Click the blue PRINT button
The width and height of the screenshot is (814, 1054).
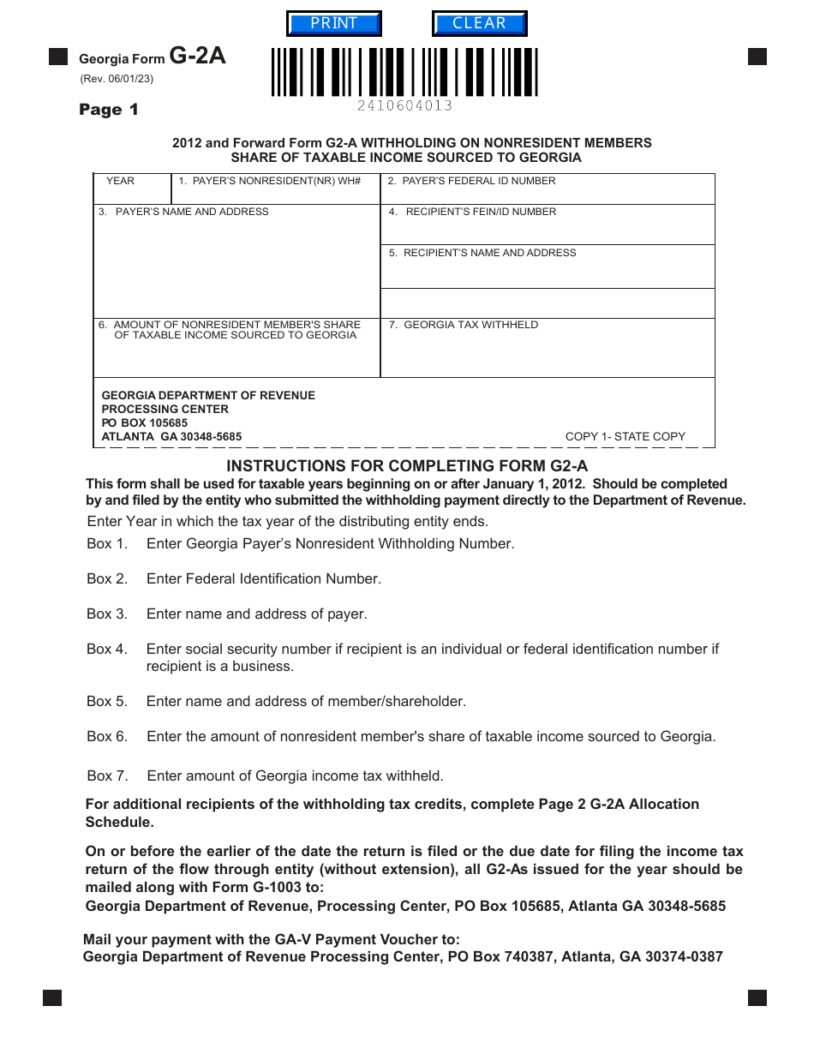(x=333, y=24)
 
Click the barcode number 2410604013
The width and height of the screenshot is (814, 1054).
(x=404, y=105)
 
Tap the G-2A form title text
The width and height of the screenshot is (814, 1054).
(x=197, y=57)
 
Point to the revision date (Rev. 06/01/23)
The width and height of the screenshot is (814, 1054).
(x=117, y=79)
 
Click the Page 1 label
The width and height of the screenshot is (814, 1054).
(x=108, y=110)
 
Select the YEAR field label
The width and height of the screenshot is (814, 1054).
(x=120, y=181)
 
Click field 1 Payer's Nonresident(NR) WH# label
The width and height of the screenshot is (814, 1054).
(x=270, y=181)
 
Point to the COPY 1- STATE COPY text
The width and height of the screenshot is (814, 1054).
(x=625, y=436)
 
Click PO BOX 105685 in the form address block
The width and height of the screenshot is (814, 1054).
(x=144, y=422)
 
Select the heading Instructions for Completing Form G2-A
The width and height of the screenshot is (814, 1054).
(x=407, y=466)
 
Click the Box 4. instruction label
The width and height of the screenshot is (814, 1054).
(x=107, y=650)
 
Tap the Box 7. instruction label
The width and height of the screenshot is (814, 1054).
(x=107, y=776)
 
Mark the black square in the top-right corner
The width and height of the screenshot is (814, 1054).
(x=757, y=57)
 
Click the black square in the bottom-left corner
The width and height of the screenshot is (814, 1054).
(x=52, y=997)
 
